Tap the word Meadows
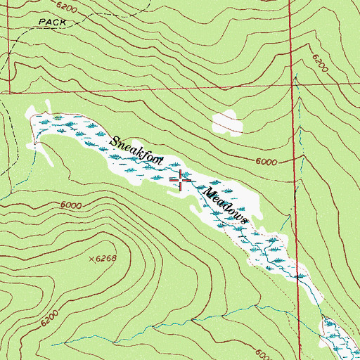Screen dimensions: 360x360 pyautogui.click(x=226, y=205)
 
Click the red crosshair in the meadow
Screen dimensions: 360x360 pyautogui.click(x=181, y=181)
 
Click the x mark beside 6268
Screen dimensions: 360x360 pyautogui.click(x=91, y=259)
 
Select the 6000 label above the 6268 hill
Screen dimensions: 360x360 pyautogui.click(x=71, y=205)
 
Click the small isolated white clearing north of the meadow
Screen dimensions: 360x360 pyautogui.click(x=227, y=123)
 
